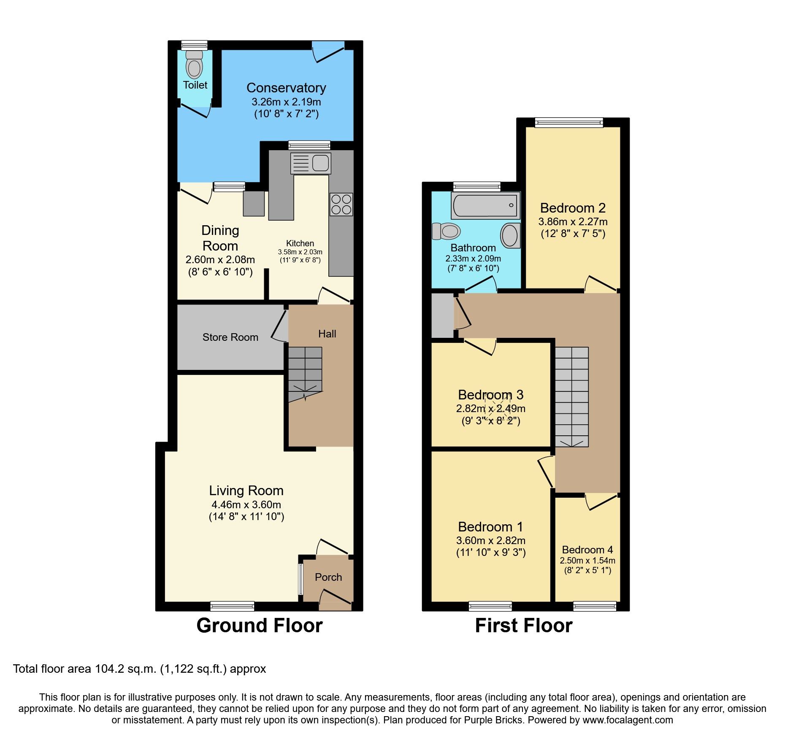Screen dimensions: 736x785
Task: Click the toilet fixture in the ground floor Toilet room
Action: pyautogui.click(x=194, y=65)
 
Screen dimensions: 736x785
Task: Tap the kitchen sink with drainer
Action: pyautogui.click(x=311, y=163)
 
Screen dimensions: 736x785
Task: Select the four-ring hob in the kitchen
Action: pyautogui.click(x=341, y=204)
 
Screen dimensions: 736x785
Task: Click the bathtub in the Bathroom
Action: pyautogui.click(x=485, y=205)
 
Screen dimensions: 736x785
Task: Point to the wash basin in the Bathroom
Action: pyautogui.click(x=510, y=235)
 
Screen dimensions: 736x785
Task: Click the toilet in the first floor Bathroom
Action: pyautogui.click(x=447, y=231)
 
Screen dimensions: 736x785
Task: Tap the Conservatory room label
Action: pyautogui.click(x=286, y=88)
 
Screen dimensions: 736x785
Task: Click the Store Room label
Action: pyautogui.click(x=230, y=337)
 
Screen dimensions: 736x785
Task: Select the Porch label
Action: pyautogui.click(x=328, y=577)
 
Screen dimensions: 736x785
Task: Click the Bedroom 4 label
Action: pyautogui.click(x=587, y=550)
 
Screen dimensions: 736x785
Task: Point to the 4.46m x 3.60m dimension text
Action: pyautogui.click(x=246, y=504)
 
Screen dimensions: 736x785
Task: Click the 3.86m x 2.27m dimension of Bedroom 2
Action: pyautogui.click(x=573, y=221)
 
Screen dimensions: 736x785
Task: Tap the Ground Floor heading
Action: pyautogui.click(x=259, y=625)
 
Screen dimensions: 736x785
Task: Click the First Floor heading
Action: pyautogui.click(x=523, y=625)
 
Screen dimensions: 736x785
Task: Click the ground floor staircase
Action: pyautogui.click(x=305, y=371)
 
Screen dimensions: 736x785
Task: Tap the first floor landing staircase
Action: pyautogui.click(x=571, y=396)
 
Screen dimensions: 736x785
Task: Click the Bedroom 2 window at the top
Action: pyautogui.click(x=568, y=122)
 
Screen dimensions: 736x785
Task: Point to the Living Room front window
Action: pyautogui.click(x=232, y=606)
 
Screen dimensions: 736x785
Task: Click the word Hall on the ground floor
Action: pyautogui.click(x=327, y=334)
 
